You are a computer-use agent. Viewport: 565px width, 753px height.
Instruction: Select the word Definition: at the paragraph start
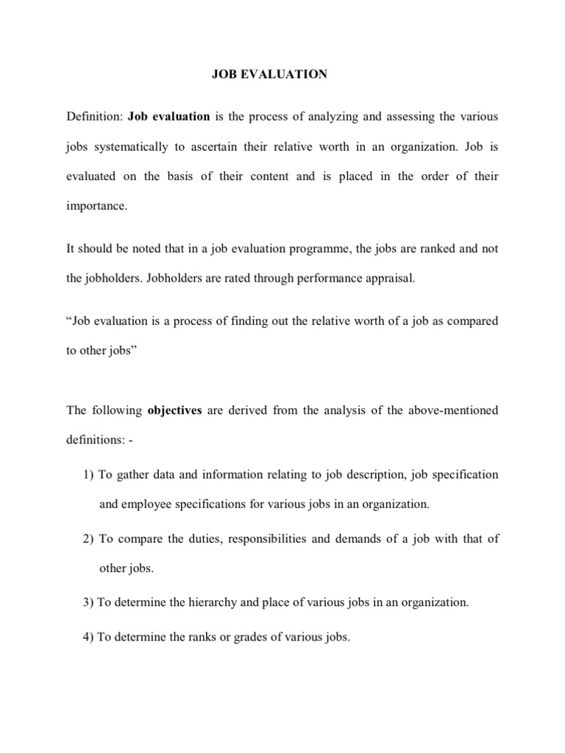tap(95, 116)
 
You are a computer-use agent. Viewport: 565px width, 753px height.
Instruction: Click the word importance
tap(96, 207)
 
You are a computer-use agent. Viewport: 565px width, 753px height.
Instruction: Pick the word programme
tap(299, 249)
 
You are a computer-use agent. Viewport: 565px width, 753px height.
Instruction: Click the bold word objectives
tap(174, 410)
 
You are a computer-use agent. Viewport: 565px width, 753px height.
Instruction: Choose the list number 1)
tap(88, 474)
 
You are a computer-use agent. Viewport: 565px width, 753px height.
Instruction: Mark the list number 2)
tap(88, 538)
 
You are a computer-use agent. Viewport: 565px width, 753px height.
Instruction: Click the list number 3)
tap(88, 602)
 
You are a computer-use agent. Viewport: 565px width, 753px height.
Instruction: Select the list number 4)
tap(88, 638)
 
